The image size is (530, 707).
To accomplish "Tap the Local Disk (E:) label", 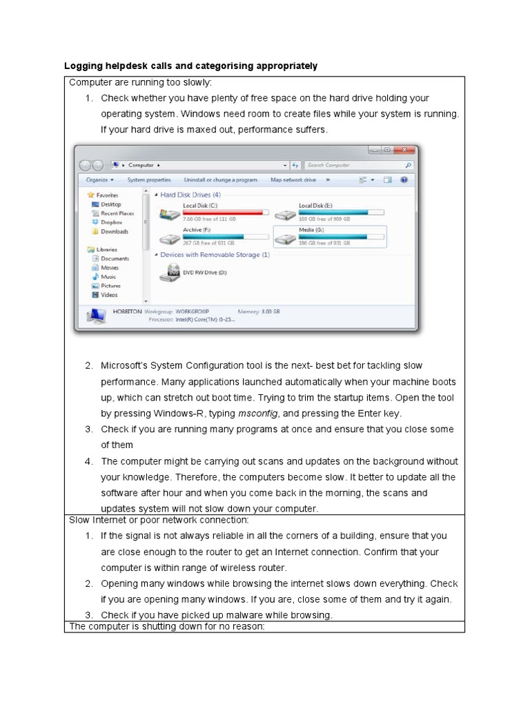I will coord(315,206).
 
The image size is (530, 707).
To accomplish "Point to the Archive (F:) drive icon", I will coord(169,239).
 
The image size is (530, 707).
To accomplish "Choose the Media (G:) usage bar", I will coord(340,236).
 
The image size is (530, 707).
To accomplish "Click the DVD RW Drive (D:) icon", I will coord(169,274).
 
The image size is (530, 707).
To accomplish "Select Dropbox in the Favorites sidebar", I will coord(111,222).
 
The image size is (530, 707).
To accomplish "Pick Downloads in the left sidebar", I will coord(114,231).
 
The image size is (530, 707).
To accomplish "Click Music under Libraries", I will coord(108,276).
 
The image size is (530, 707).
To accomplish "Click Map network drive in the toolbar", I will coord(293,180).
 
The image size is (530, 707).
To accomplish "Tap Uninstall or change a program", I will coord(220,180).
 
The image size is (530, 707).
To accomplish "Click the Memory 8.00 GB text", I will coord(259,311).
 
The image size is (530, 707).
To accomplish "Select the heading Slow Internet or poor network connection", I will coord(159,520).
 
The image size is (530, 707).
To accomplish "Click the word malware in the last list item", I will coord(230,615).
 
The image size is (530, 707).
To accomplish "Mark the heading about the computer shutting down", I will coord(167,626).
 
